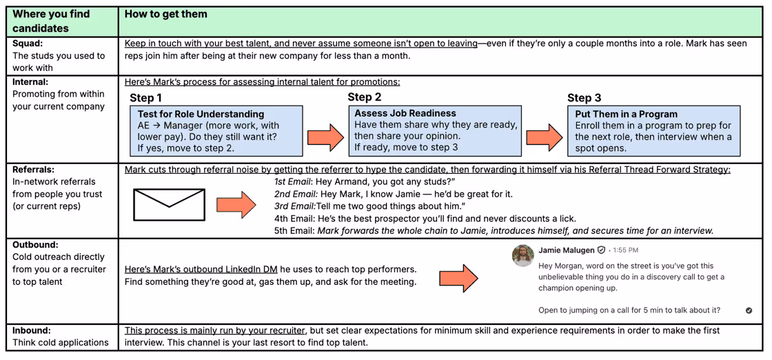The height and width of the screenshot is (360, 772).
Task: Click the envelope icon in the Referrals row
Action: point(169,205)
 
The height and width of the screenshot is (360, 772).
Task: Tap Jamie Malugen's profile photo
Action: point(523,254)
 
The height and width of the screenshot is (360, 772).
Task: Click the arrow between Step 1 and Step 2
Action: point(325,137)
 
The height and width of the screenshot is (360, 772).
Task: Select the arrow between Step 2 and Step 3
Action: point(545,137)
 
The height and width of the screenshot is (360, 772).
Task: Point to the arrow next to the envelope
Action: point(236,205)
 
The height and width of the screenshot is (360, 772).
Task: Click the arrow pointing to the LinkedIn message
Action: point(458,277)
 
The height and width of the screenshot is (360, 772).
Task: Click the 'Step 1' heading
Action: point(146,98)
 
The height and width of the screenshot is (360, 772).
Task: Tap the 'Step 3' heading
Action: point(585,98)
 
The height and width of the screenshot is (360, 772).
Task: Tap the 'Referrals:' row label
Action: point(33,169)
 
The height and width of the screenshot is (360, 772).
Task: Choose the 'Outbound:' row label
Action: point(35,244)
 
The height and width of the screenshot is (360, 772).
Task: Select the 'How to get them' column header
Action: point(166,14)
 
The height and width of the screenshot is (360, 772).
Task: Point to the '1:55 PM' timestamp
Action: point(626,250)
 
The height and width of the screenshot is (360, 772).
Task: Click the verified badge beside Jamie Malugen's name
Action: point(602,250)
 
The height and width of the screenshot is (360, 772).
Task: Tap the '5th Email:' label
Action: point(294,230)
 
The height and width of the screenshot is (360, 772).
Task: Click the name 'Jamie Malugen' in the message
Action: point(566,250)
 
